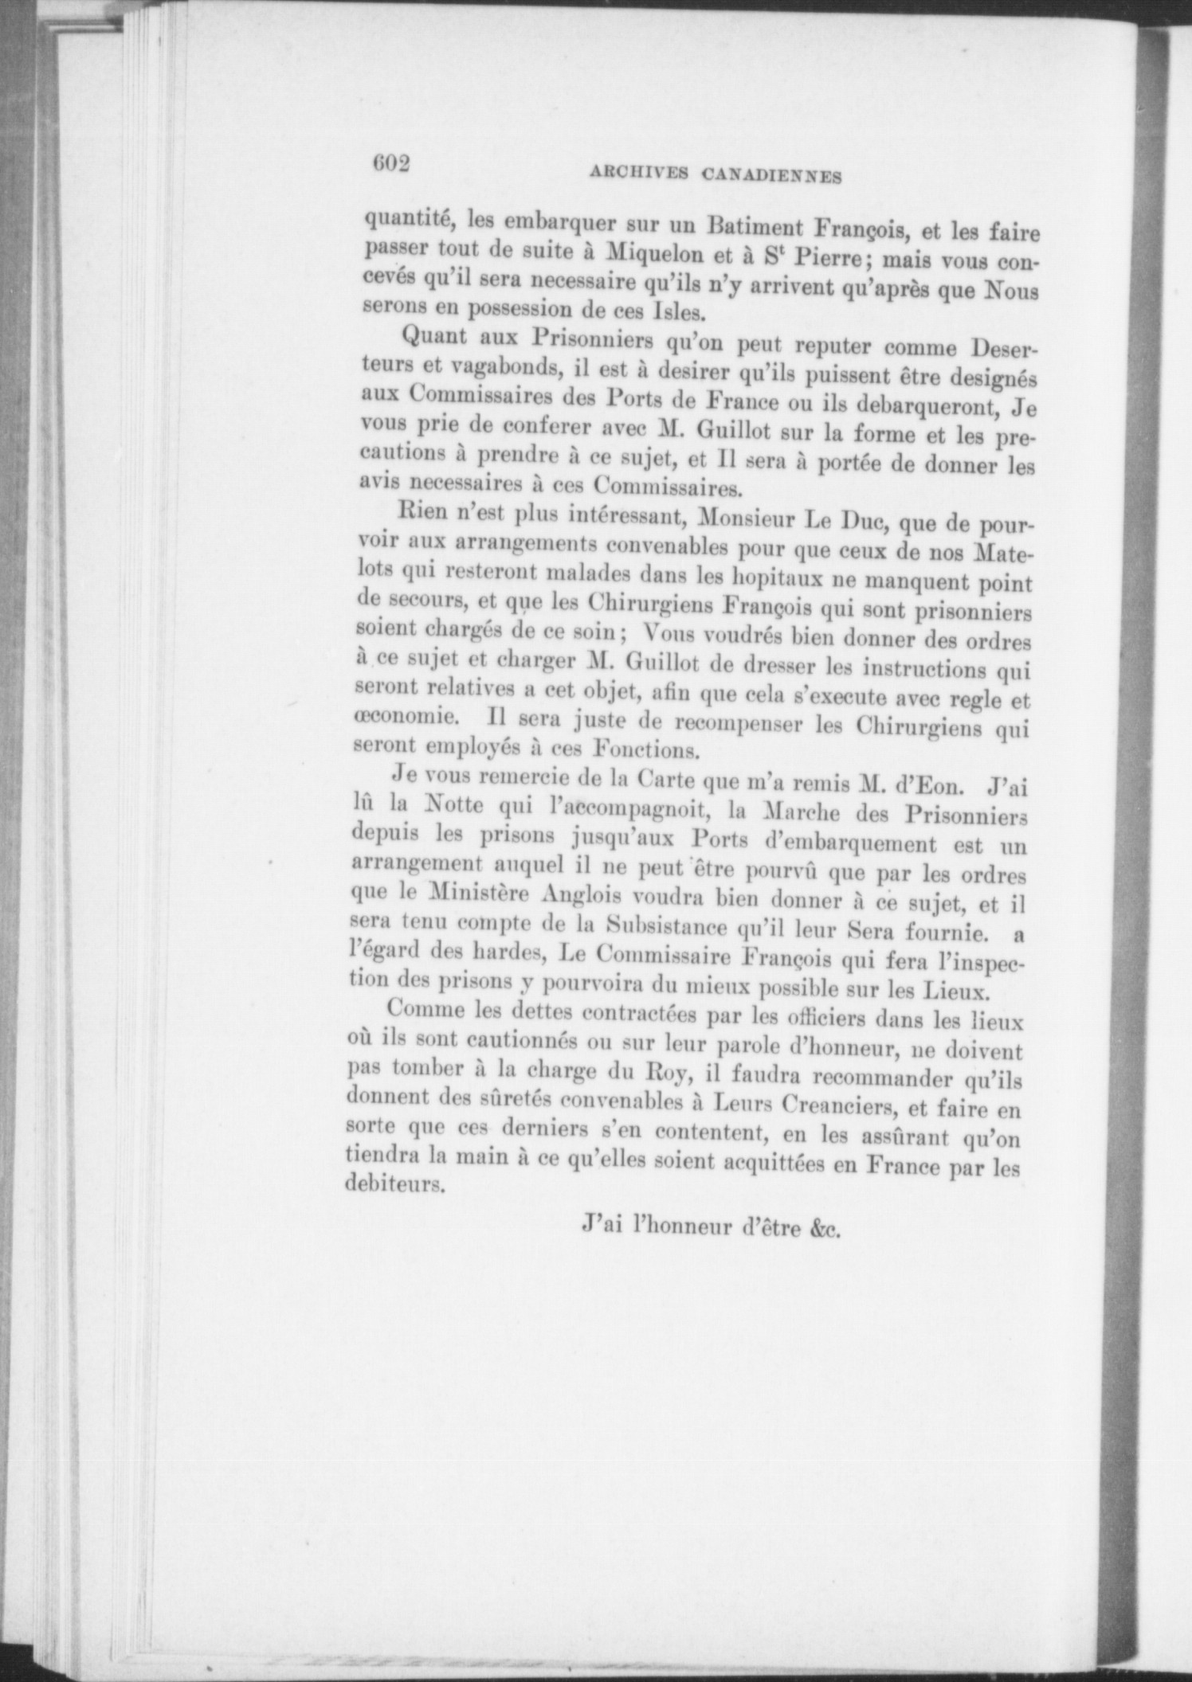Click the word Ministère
pos(473,894)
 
